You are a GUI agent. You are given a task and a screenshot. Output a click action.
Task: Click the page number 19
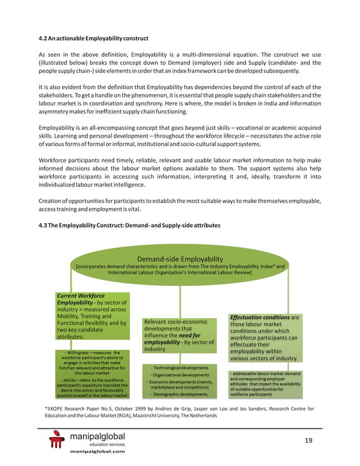click(x=308, y=441)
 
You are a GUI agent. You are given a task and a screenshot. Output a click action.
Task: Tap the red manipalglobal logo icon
click(x=58, y=440)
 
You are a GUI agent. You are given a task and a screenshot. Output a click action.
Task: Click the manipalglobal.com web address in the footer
click(x=96, y=452)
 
